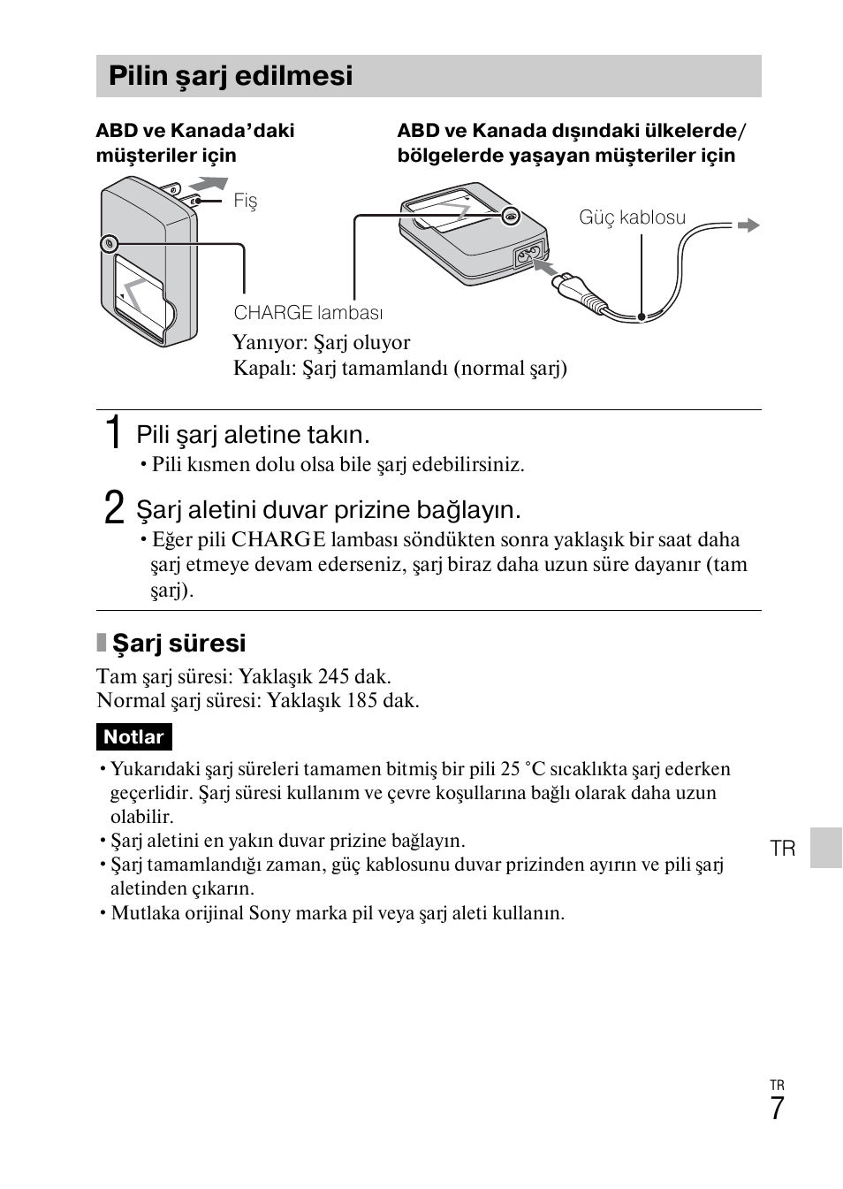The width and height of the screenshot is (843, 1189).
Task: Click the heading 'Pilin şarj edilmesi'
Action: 231,76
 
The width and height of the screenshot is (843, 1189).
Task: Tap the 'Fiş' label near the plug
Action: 245,201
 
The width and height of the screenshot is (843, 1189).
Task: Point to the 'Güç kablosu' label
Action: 632,217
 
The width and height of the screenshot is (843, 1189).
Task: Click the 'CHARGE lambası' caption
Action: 308,313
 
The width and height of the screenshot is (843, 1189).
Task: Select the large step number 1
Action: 112,433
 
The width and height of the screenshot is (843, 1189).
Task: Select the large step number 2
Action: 113,508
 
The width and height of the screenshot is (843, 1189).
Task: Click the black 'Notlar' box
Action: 133,737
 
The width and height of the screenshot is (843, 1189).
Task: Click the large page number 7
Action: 777,1109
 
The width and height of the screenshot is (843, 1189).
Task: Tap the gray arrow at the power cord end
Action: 748,225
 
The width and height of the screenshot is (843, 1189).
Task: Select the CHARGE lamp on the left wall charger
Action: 109,242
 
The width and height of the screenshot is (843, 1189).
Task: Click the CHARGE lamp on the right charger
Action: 510,216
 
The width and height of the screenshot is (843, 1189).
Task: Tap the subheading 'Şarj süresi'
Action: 178,643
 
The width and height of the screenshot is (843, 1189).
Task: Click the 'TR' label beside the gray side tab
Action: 783,849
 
